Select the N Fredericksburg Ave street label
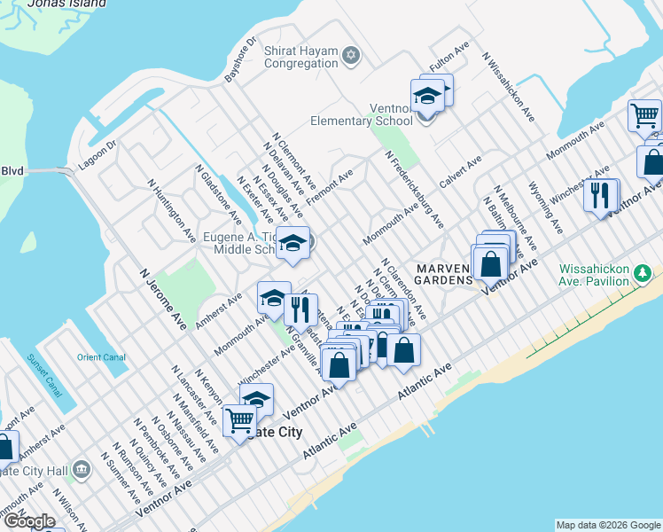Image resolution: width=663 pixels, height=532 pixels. tap(414, 189)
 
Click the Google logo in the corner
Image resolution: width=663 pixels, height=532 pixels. tap(29, 521)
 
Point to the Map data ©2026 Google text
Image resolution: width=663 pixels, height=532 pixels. tap(607, 525)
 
